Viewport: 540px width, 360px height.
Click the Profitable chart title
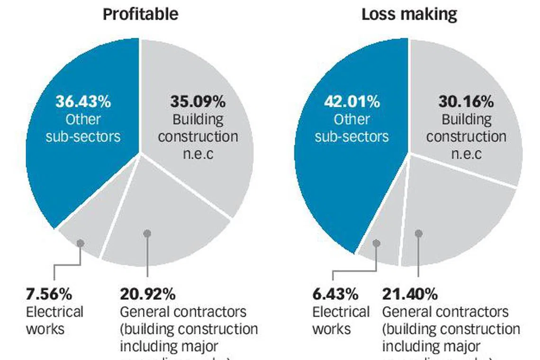[140, 14]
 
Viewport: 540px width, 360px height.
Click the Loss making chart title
[409, 14]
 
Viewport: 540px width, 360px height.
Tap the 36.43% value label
[83, 101]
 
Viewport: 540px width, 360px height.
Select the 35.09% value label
[198, 102]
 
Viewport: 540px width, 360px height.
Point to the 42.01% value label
[351, 101]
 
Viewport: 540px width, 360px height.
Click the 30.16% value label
[466, 102]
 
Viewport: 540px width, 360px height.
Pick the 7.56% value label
[49, 294]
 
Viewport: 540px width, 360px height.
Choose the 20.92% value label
[147, 294]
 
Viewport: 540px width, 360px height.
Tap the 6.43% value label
[335, 294]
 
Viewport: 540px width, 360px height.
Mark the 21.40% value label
[410, 294]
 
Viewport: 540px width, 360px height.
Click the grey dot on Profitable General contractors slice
[147, 234]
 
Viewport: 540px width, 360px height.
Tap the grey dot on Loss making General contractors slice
[419, 233]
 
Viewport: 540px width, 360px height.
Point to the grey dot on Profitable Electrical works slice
[81, 243]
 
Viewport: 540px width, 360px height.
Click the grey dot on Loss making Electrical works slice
[377, 243]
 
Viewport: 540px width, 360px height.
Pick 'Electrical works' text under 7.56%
[54, 320]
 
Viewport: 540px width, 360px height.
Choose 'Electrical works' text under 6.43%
[341, 320]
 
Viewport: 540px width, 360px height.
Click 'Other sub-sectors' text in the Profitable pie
[83, 128]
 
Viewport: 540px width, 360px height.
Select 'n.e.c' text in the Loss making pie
[466, 154]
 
